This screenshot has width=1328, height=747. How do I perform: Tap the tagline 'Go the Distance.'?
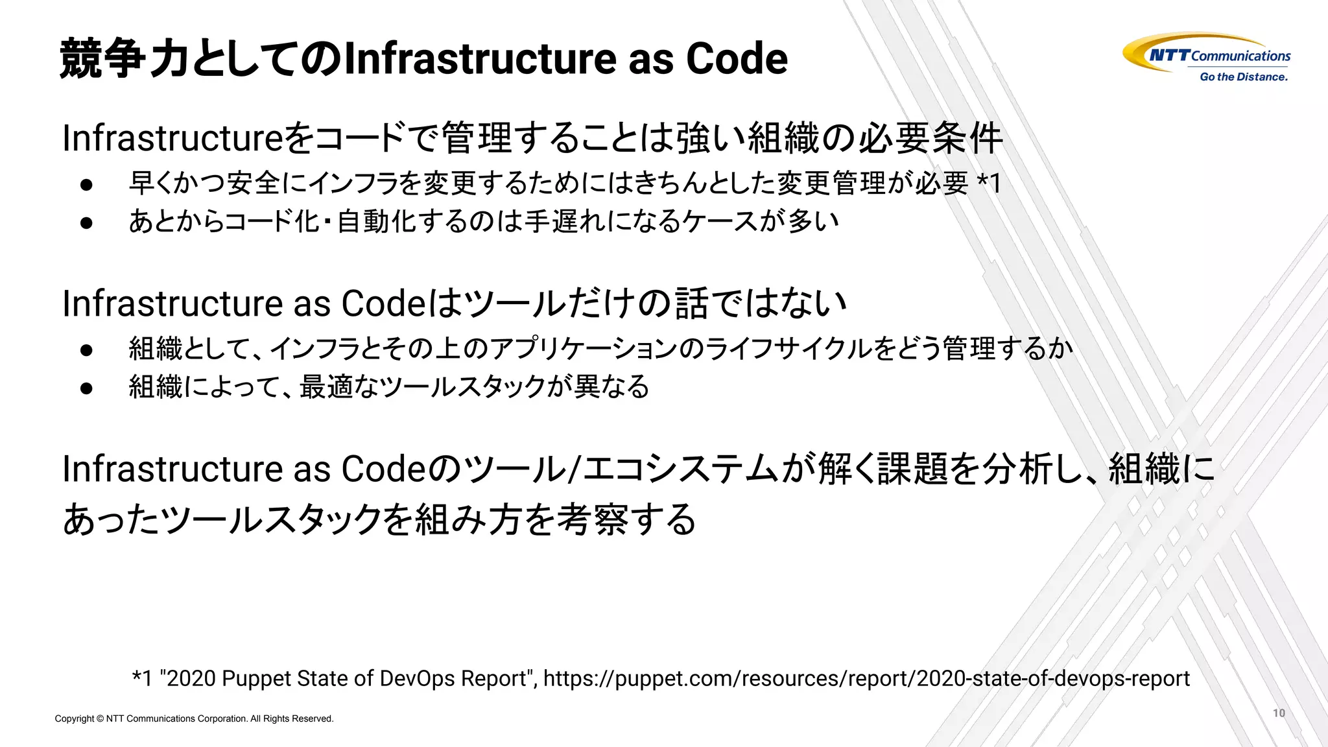(1243, 77)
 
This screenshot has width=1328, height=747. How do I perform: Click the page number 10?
(1279, 713)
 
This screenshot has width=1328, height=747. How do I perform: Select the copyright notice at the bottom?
(194, 718)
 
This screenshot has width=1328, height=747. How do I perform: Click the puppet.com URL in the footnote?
(866, 678)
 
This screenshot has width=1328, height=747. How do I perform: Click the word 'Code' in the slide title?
(737, 58)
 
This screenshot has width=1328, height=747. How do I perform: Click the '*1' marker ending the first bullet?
(989, 183)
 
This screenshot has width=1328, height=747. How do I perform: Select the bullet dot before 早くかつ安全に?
(87, 185)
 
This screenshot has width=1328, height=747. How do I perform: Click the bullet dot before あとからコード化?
(87, 222)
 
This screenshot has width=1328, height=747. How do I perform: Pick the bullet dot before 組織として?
(87, 350)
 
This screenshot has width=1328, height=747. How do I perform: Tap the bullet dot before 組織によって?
(87, 388)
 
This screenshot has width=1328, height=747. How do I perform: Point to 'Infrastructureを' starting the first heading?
(188, 138)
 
